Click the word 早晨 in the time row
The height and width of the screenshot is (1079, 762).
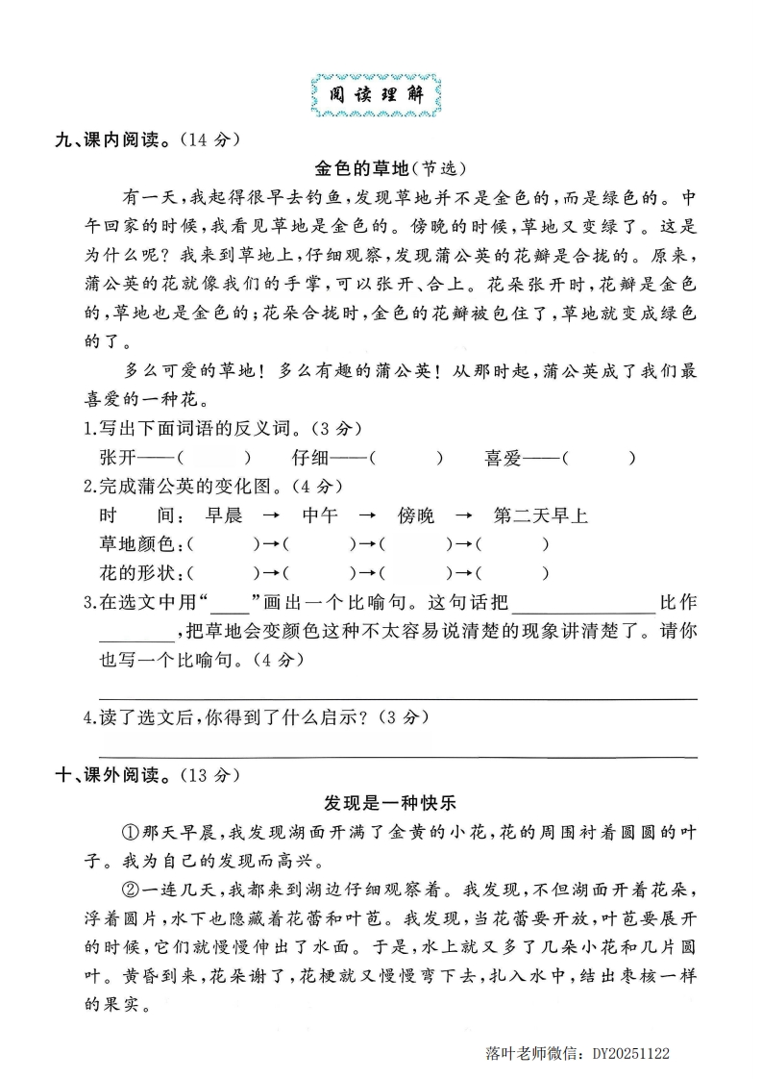click(224, 516)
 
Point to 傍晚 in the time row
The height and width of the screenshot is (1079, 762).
click(415, 516)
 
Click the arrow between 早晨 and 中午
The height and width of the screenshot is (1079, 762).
click(272, 516)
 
